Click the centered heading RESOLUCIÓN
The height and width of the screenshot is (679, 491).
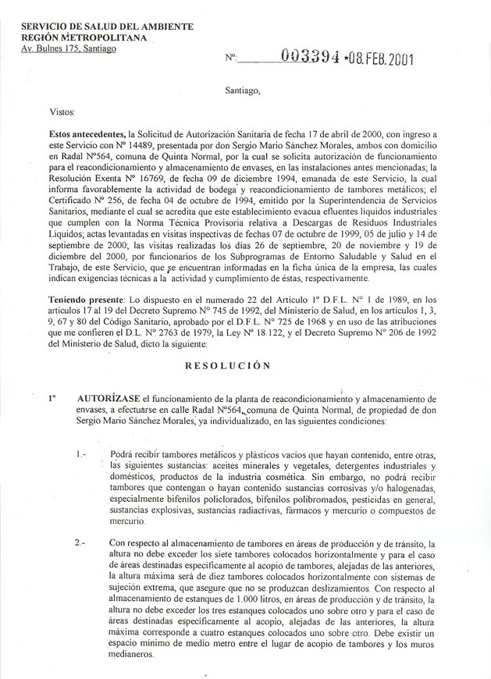point(228,364)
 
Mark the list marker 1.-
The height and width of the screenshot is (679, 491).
point(84,454)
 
